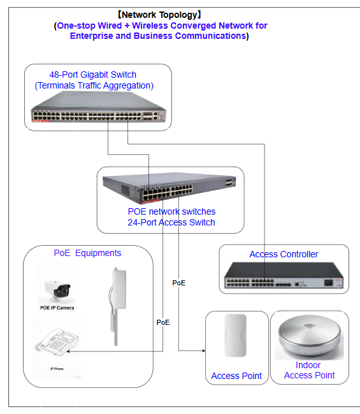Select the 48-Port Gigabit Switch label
[93, 75]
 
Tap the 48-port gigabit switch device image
[99, 107]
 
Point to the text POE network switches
[171, 211]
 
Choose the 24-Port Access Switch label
[171, 222]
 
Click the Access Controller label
[284, 254]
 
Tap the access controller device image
[284, 276]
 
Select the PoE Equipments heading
[87, 253]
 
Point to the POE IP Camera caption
[57, 308]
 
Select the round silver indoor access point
[309, 337]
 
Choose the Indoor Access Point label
[309, 370]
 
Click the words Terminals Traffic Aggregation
[94, 85]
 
